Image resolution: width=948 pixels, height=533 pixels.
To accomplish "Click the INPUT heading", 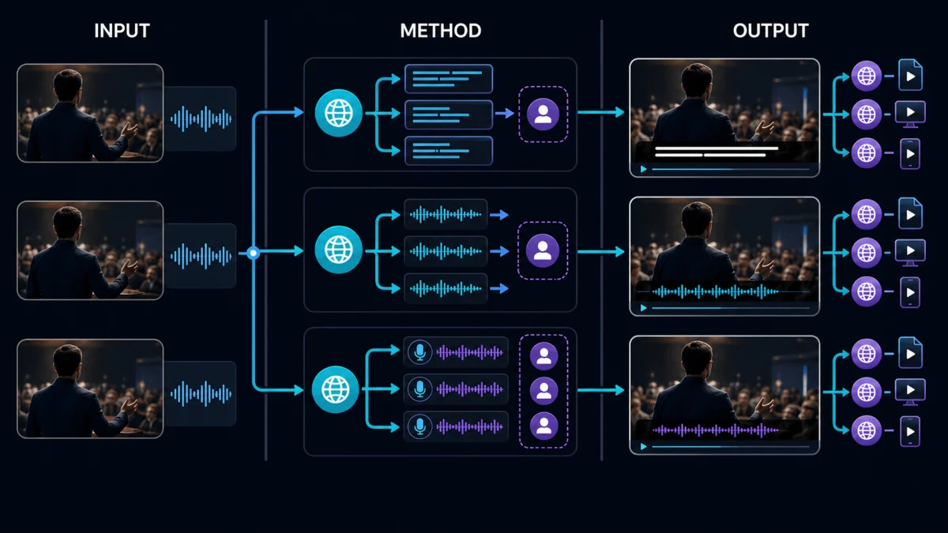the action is click(x=122, y=31).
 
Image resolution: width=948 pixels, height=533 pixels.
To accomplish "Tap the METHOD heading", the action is click(x=441, y=31).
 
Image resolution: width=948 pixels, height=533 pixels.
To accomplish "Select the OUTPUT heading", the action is click(x=771, y=31).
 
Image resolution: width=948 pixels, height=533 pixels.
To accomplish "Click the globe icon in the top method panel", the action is click(x=339, y=113).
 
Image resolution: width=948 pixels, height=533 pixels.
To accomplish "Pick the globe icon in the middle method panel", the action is click(x=339, y=250).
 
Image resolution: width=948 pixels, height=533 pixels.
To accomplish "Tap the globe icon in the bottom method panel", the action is click(x=336, y=389).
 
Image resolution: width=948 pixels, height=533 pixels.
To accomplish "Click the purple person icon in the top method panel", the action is click(x=543, y=114).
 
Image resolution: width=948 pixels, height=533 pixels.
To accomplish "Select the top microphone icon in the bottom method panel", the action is click(x=419, y=352).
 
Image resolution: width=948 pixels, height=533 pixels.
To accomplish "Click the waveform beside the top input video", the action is click(x=201, y=119).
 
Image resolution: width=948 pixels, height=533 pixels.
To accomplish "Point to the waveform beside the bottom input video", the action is click(x=201, y=394).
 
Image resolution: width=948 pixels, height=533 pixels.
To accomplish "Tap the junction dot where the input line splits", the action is click(x=253, y=253).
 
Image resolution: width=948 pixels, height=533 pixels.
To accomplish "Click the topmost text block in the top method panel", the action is click(x=449, y=79).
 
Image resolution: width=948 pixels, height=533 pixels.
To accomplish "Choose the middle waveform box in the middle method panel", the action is click(x=446, y=251).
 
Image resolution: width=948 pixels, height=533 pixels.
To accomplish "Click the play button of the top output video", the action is click(x=644, y=169).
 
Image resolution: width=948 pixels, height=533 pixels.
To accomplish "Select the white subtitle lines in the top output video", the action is click(x=717, y=152).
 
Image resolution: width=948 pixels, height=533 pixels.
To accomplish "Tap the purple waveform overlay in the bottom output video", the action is click(x=715, y=430).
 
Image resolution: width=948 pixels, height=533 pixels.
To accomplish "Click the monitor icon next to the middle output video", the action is click(x=910, y=252).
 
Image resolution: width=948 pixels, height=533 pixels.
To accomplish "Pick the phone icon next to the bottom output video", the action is click(x=910, y=430).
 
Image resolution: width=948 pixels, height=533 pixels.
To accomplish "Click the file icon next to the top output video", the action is click(x=910, y=75).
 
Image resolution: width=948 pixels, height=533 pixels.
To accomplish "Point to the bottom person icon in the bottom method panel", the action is click(x=544, y=426).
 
